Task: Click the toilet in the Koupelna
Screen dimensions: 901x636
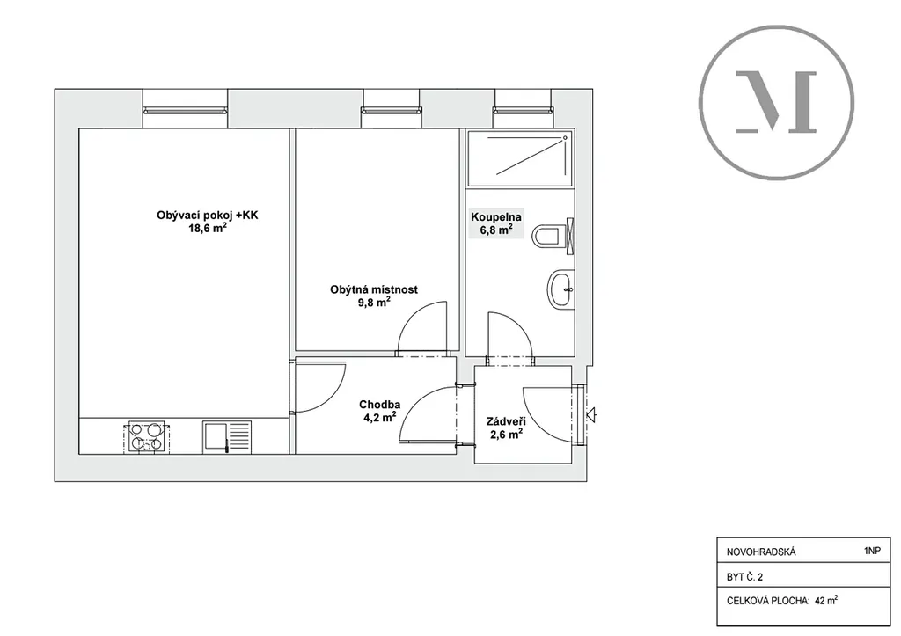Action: [553, 236]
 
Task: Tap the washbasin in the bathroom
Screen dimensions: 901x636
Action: [560, 289]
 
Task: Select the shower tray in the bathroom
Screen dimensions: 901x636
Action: [520, 158]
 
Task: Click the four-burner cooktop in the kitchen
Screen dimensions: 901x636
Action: [146, 436]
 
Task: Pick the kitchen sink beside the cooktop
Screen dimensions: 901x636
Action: [226, 436]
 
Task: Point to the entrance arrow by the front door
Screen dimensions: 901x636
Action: [591, 413]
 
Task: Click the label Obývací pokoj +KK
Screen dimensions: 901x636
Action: [208, 216]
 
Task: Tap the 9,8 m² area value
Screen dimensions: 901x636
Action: [374, 303]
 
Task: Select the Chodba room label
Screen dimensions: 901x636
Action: [380, 405]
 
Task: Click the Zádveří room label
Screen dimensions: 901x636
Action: [506, 421]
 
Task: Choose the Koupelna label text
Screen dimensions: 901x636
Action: [496, 217]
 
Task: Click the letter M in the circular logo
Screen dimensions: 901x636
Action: [776, 103]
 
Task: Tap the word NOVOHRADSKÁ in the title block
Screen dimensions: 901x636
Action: [761, 552]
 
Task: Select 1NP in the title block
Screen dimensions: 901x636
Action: [872, 551]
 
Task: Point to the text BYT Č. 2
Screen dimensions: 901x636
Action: [744, 577]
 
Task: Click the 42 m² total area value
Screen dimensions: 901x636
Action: [825, 601]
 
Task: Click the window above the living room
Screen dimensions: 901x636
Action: [185, 110]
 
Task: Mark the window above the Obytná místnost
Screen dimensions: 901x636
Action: [391, 110]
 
